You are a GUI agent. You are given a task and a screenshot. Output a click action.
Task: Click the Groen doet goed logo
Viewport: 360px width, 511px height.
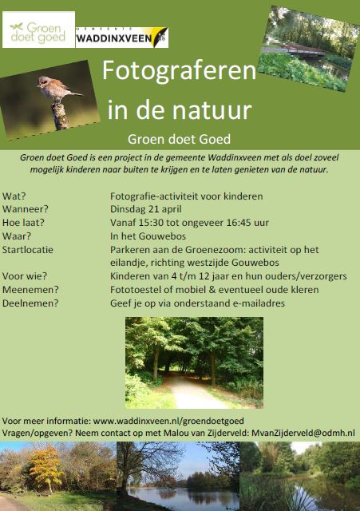38,30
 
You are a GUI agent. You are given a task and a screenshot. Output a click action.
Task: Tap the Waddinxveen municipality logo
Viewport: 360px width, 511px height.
122,38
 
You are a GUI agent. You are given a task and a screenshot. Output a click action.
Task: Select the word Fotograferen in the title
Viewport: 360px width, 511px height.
179,71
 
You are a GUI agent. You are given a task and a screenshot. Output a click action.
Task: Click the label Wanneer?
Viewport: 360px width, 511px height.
25,209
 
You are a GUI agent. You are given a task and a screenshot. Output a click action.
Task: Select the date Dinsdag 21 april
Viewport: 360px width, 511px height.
145,209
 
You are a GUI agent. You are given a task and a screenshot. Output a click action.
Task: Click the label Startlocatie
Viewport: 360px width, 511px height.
28,250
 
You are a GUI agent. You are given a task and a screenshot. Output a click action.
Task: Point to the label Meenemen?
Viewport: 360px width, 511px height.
30,289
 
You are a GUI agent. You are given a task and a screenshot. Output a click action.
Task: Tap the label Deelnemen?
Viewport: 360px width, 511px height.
30,303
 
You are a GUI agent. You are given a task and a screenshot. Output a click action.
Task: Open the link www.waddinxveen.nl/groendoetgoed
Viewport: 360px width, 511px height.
168,421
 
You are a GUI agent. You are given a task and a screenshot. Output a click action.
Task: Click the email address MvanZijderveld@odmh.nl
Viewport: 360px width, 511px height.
303,433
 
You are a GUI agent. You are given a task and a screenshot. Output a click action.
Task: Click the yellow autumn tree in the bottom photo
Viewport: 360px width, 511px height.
45,466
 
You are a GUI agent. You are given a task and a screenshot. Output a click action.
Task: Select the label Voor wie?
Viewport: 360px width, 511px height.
25,276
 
